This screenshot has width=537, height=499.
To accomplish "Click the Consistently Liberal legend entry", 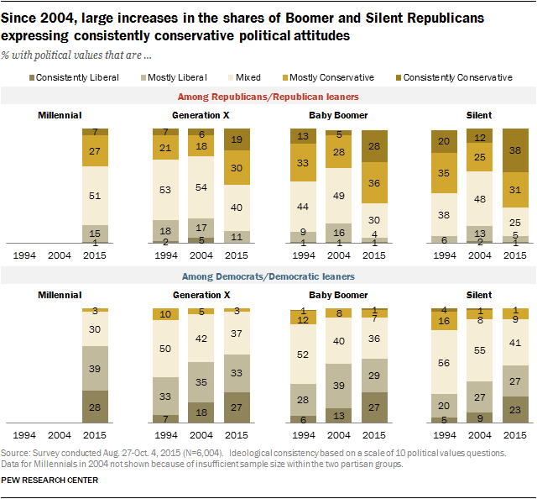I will (x=81, y=77).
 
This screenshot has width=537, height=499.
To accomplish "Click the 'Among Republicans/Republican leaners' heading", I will (x=268, y=98).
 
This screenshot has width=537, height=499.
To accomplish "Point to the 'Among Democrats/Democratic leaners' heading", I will (x=268, y=277).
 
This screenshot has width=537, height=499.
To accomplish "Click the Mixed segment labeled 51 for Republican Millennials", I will (x=96, y=197).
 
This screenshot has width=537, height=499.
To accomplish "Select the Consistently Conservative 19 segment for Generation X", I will (x=236, y=140).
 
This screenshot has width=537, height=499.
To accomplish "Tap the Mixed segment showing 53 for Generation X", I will (x=165, y=190).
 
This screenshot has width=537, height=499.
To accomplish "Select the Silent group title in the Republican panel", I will (x=479, y=115).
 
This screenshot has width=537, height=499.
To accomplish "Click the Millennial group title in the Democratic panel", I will (x=60, y=296).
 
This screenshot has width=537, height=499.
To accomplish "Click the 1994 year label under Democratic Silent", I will (x=445, y=436).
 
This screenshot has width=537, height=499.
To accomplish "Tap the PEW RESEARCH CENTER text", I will (x=50, y=481).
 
